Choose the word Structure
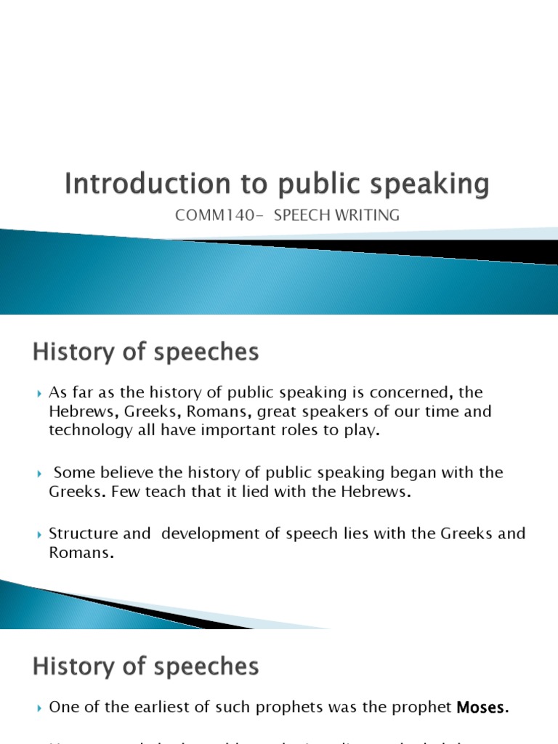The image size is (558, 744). [79, 534]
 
